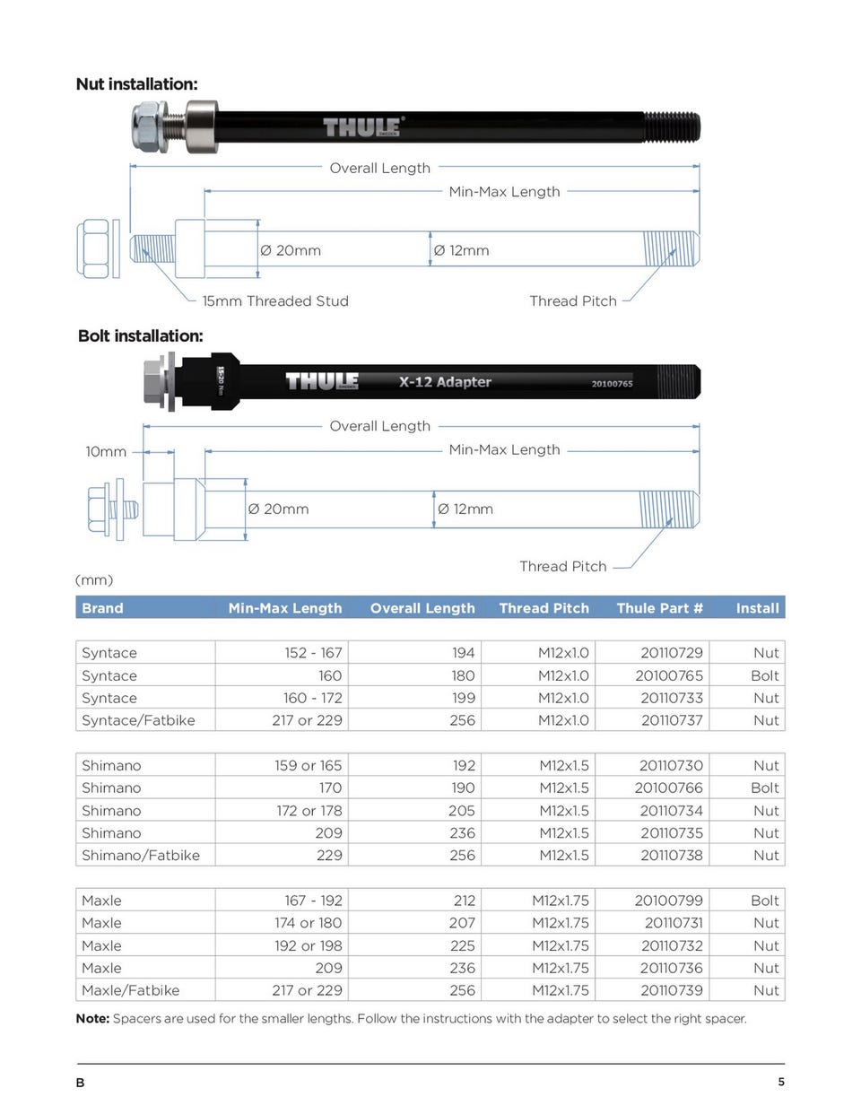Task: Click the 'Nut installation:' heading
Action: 136,84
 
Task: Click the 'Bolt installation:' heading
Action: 140,336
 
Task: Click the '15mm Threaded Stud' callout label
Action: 275,301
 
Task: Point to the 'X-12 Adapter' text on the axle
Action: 445,382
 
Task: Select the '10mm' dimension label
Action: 106,452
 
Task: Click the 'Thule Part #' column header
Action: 659,608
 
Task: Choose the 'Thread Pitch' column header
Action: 544,608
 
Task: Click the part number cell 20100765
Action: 669,675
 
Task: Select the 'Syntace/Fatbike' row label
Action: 138,720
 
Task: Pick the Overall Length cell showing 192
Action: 464,766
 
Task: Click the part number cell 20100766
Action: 669,788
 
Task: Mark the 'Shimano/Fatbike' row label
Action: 141,856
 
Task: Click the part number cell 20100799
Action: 669,901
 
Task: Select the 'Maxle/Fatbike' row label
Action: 130,990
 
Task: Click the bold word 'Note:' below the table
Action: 92,1019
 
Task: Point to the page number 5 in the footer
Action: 781,1082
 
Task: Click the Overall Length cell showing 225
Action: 462,945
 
